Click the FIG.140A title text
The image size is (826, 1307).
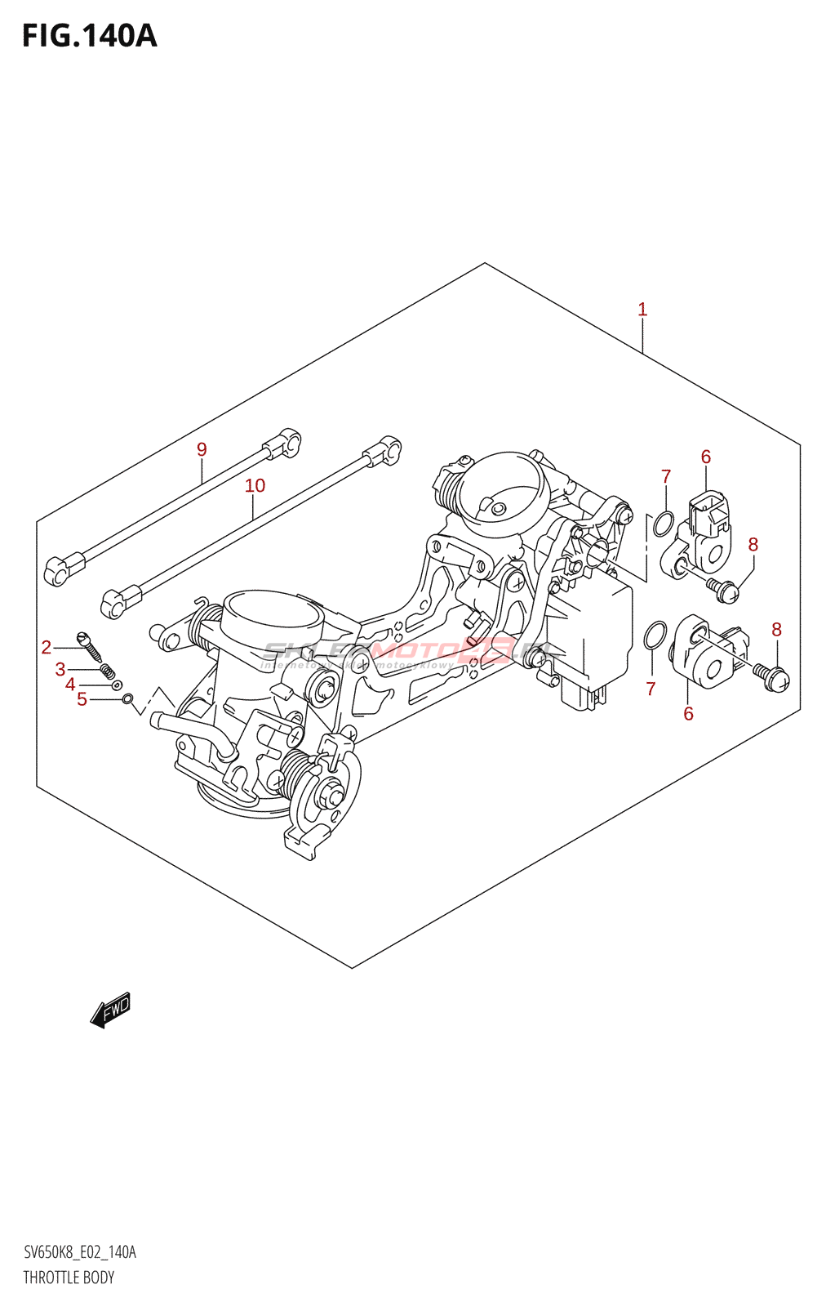pyautogui.click(x=89, y=36)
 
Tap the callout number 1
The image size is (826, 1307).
pyautogui.click(x=642, y=310)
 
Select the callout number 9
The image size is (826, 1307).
pyautogui.click(x=202, y=449)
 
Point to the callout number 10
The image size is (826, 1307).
pyautogui.click(x=255, y=486)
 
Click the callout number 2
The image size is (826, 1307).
pyautogui.click(x=47, y=648)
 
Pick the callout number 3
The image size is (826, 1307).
pyautogui.click(x=60, y=670)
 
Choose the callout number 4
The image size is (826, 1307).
pyautogui.click(x=71, y=685)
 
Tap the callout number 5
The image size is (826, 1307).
pyautogui.click(x=82, y=699)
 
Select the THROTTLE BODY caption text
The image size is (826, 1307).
pyautogui.click(x=69, y=1278)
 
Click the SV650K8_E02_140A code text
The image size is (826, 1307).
pyautogui.click(x=79, y=1252)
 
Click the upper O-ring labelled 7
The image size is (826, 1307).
pyautogui.click(x=663, y=524)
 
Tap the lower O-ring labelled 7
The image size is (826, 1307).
pyautogui.click(x=655, y=635)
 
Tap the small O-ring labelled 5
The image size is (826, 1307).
pyautogui.click(x=127, y=698)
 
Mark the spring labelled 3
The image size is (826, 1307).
pyautogui.click(x=107, y=671)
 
